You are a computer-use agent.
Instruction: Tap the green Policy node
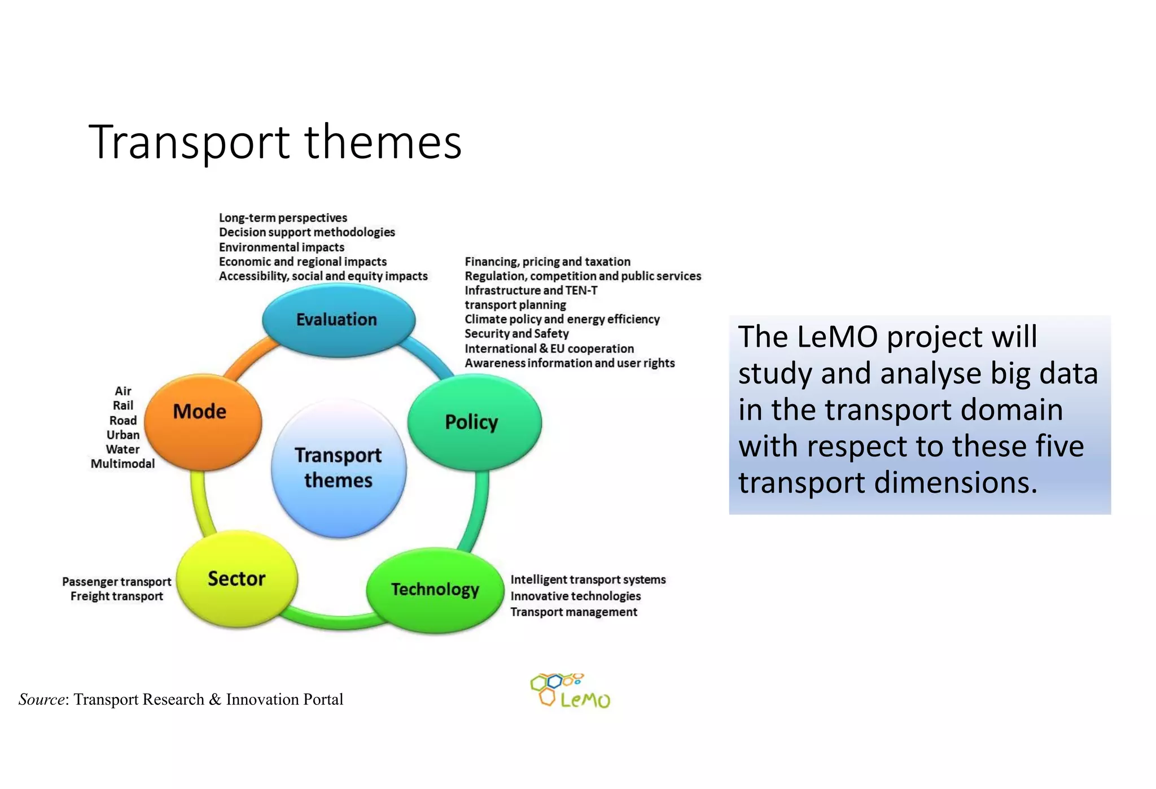point(474,422)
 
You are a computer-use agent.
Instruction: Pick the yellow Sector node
point(237,579)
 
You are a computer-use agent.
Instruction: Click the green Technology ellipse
point(435,590)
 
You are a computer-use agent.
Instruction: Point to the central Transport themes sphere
point(338,468)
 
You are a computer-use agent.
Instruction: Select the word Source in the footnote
point(41,699)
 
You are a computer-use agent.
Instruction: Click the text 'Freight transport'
point(117,596)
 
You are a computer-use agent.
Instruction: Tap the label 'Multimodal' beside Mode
point(122,464)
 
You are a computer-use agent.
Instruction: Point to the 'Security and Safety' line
point(516,334)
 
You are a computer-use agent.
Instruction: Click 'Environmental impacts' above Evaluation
point(281,247)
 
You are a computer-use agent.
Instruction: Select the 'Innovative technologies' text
point(575,596)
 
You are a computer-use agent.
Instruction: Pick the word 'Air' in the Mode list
point(123,391)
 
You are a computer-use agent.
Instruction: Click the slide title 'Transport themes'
point(275,142)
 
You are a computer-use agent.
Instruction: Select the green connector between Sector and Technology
point(333,621)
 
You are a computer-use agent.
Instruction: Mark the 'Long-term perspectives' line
point(283,218)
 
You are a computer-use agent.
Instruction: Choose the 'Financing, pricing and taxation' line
point(547,261)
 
